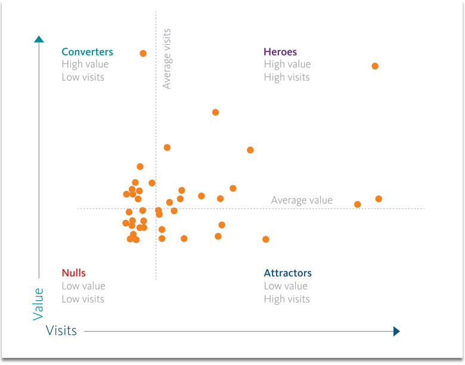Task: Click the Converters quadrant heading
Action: [x=87, y=52]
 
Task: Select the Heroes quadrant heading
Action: [x=280, y=52]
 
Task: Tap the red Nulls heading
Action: [x=74, y=273]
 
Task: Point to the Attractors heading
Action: [x=287, y=273]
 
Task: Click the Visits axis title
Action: [x=61, y=330]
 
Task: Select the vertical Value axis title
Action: [x=39, y=304]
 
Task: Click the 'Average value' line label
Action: [x=302, y=200]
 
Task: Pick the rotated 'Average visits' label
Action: [x=167, y=59]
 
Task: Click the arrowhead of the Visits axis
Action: [x=396, y=331]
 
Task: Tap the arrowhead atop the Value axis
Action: [x=39, y=39]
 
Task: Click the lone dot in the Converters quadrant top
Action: [x=143, y=53]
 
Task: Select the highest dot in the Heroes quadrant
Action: [x=375, y=66]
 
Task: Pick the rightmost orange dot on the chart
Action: [x=379, y=199]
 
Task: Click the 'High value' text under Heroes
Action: [x=287, y=64]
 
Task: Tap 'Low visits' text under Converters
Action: [x=83, y=77]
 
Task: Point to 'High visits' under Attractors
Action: [x=287, y=299]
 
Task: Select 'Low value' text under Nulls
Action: [x=83, y=286]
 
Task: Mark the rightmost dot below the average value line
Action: [x=266, y=239]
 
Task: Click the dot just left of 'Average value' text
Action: [x=233, y=188]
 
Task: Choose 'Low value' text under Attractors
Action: [x=286, y=286]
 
